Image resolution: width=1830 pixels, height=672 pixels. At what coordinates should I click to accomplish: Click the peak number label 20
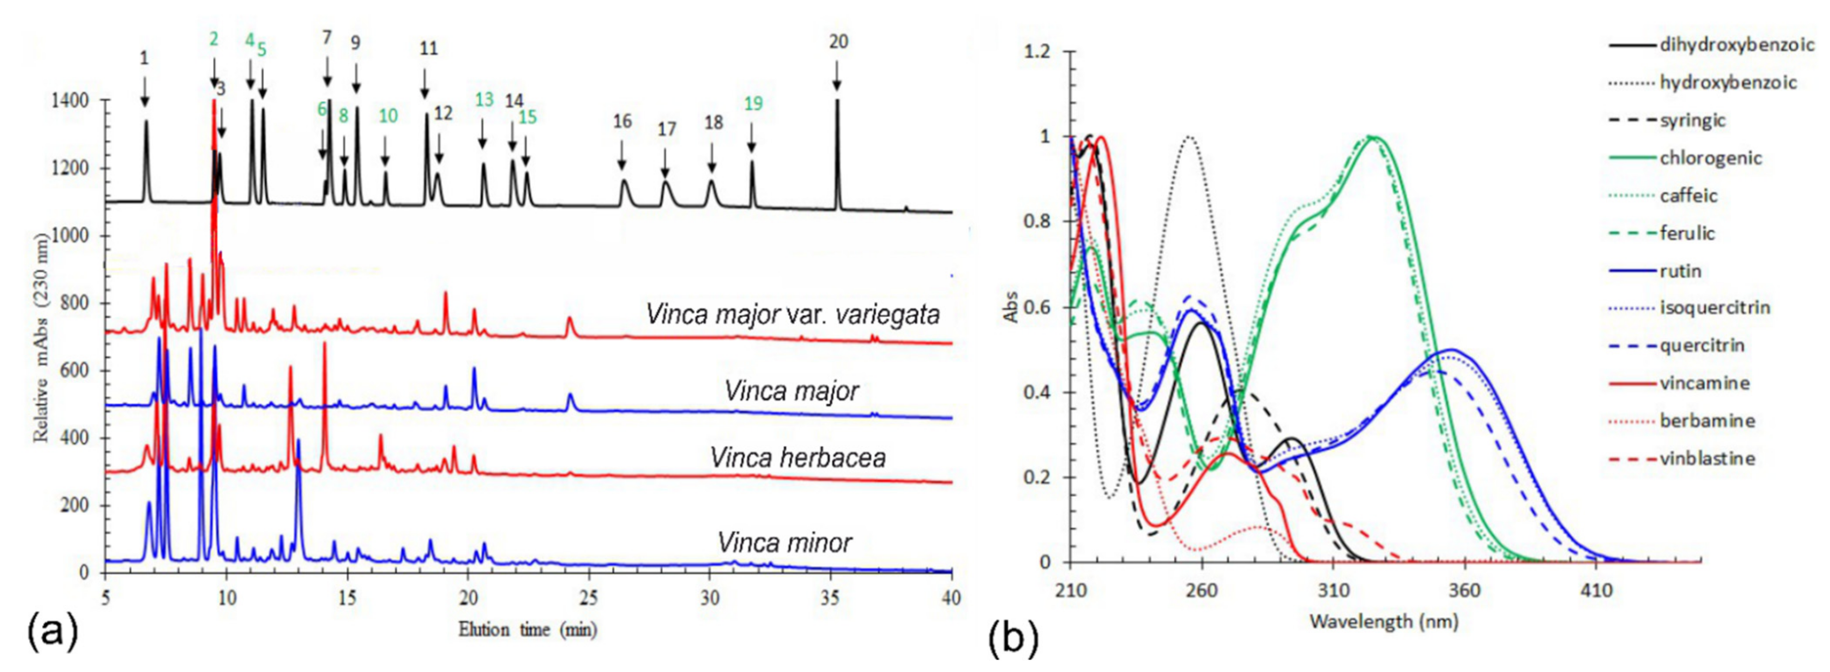coord(838,42)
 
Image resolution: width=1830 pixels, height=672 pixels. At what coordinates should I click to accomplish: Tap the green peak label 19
coord(753,104)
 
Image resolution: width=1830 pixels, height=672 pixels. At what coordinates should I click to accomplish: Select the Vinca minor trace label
coord(784,543)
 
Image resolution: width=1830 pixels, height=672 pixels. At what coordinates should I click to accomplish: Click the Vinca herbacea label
coord(798,458)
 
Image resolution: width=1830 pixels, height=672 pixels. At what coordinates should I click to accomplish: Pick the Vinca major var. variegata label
coord(792,314)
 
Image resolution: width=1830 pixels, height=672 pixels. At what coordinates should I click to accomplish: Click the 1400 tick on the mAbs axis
coord(70,101)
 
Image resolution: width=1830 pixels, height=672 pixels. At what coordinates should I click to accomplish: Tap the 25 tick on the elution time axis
coord(588,598)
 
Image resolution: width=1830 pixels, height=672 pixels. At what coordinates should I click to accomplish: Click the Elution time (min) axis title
coord(527,630)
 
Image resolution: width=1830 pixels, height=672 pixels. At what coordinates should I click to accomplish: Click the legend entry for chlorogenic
coord(1710,158)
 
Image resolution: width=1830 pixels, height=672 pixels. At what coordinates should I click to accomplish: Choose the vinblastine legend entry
coord(1706,459)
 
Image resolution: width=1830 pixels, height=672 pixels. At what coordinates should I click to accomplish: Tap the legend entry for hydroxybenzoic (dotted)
coord(1728,83)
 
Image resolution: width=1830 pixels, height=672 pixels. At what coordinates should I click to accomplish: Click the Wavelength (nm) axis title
coord(1384,622)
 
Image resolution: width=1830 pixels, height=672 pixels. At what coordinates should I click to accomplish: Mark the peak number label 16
coord(622,121)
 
